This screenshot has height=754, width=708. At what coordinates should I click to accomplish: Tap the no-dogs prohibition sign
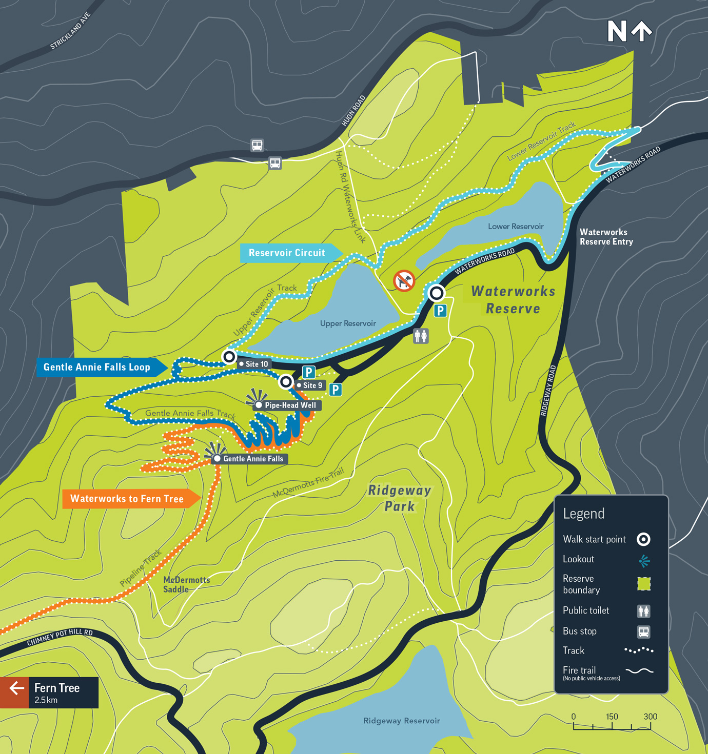404,281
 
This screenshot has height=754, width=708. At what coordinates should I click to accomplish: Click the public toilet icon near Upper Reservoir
421,336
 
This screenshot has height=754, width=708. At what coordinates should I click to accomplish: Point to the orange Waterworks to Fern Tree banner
128,499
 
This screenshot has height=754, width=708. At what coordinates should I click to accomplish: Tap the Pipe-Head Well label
290,405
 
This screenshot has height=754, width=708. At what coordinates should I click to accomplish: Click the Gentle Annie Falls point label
252,459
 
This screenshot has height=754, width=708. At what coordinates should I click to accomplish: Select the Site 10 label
256,364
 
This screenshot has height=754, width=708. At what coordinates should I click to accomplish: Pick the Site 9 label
312,385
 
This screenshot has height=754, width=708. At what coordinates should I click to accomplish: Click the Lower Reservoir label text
515,227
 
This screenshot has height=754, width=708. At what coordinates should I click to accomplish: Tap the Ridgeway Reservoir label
402,721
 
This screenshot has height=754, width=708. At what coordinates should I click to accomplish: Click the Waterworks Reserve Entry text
606,237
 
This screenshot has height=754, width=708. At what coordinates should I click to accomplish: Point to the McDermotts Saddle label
186,584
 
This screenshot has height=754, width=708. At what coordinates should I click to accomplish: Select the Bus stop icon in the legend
643,631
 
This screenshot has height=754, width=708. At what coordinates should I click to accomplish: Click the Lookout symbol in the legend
644,561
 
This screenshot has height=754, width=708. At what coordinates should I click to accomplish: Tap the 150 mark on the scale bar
612,717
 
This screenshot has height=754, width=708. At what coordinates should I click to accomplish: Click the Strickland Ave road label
70,31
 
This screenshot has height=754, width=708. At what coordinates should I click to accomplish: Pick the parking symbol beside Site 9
336,390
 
